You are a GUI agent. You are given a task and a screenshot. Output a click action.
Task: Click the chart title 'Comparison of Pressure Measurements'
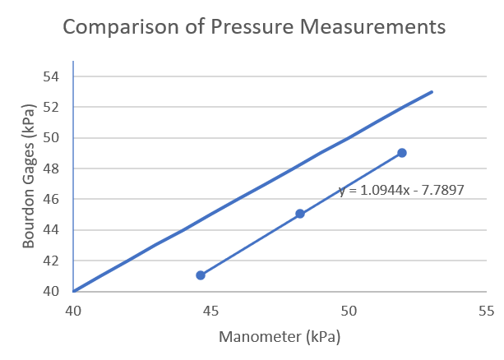254,26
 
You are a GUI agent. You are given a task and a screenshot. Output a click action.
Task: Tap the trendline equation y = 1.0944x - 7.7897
401,190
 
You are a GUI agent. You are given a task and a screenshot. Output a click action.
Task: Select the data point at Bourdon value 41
201,275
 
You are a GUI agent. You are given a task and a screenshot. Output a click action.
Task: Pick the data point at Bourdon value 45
300,214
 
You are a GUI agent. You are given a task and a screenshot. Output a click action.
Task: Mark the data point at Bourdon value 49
402,153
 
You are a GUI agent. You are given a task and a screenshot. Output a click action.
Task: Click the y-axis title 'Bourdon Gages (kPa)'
29,177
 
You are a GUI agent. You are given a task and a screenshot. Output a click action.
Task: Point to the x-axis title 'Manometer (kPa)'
279,337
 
